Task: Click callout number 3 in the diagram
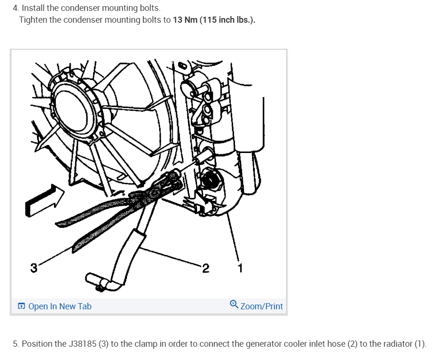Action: [x=34, y=268]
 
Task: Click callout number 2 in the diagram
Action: [x=206, y=268]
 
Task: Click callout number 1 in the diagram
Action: [x=241, y=268]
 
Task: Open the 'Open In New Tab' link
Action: [x=60, y=306]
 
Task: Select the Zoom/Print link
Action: [x=262, y=306]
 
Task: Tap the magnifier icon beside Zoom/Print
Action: [x=234, y=305]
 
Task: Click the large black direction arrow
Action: [x=45, y=200]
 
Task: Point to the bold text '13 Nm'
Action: [x=185, y=20]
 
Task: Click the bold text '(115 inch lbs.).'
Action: [x=227, y=20]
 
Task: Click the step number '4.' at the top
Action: [x=16, y=8]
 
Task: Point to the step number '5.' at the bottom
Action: [x=16, y=343]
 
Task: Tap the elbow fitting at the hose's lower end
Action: [x=103, y=282]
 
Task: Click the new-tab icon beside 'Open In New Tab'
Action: [x=21, y=306]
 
